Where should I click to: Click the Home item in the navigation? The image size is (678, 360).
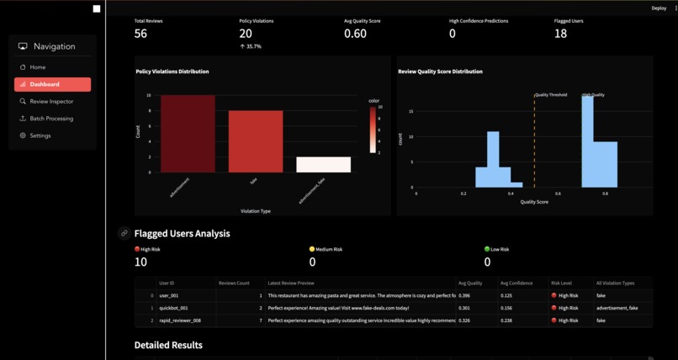tap(38, 67)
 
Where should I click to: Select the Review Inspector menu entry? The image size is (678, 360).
tap(51, 101)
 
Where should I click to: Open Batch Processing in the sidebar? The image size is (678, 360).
tap(51, 119)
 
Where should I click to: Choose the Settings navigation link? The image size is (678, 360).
tap(40, 135)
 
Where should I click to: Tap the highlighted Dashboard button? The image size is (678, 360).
tap(52, 84)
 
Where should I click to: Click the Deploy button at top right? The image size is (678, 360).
tap(659, 8)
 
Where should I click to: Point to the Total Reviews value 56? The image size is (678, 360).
tap(140, 34)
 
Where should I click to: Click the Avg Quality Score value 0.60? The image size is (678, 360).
tap(355, 34)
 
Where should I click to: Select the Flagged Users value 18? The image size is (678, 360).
tap(560, 34)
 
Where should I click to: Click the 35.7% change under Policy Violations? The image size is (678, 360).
tap(250, 46)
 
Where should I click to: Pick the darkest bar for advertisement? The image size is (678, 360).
tap(188, 134)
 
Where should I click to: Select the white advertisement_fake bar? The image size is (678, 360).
tap(323, 165)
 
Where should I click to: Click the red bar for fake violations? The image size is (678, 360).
tap(256, 141)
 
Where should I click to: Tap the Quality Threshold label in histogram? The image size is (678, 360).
tap(551, 95)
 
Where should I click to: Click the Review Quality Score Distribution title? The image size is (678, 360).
tap(440, 71)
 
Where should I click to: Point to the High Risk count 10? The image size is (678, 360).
tap(140, 262)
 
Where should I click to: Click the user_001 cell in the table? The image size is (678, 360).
tap(168, 295)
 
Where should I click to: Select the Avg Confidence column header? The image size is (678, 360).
tap(516, 283)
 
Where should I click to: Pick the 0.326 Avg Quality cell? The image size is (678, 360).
tap(464, 320)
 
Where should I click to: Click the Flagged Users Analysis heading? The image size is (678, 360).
tap(182, 233)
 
